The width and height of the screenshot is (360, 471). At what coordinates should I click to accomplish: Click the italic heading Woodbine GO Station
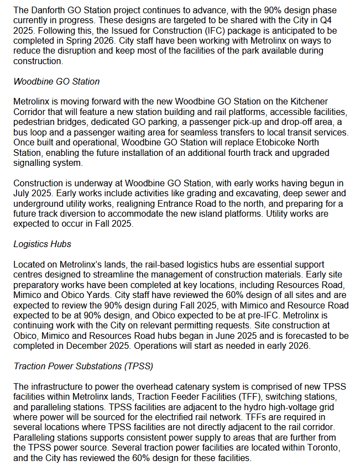pos(56,82)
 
